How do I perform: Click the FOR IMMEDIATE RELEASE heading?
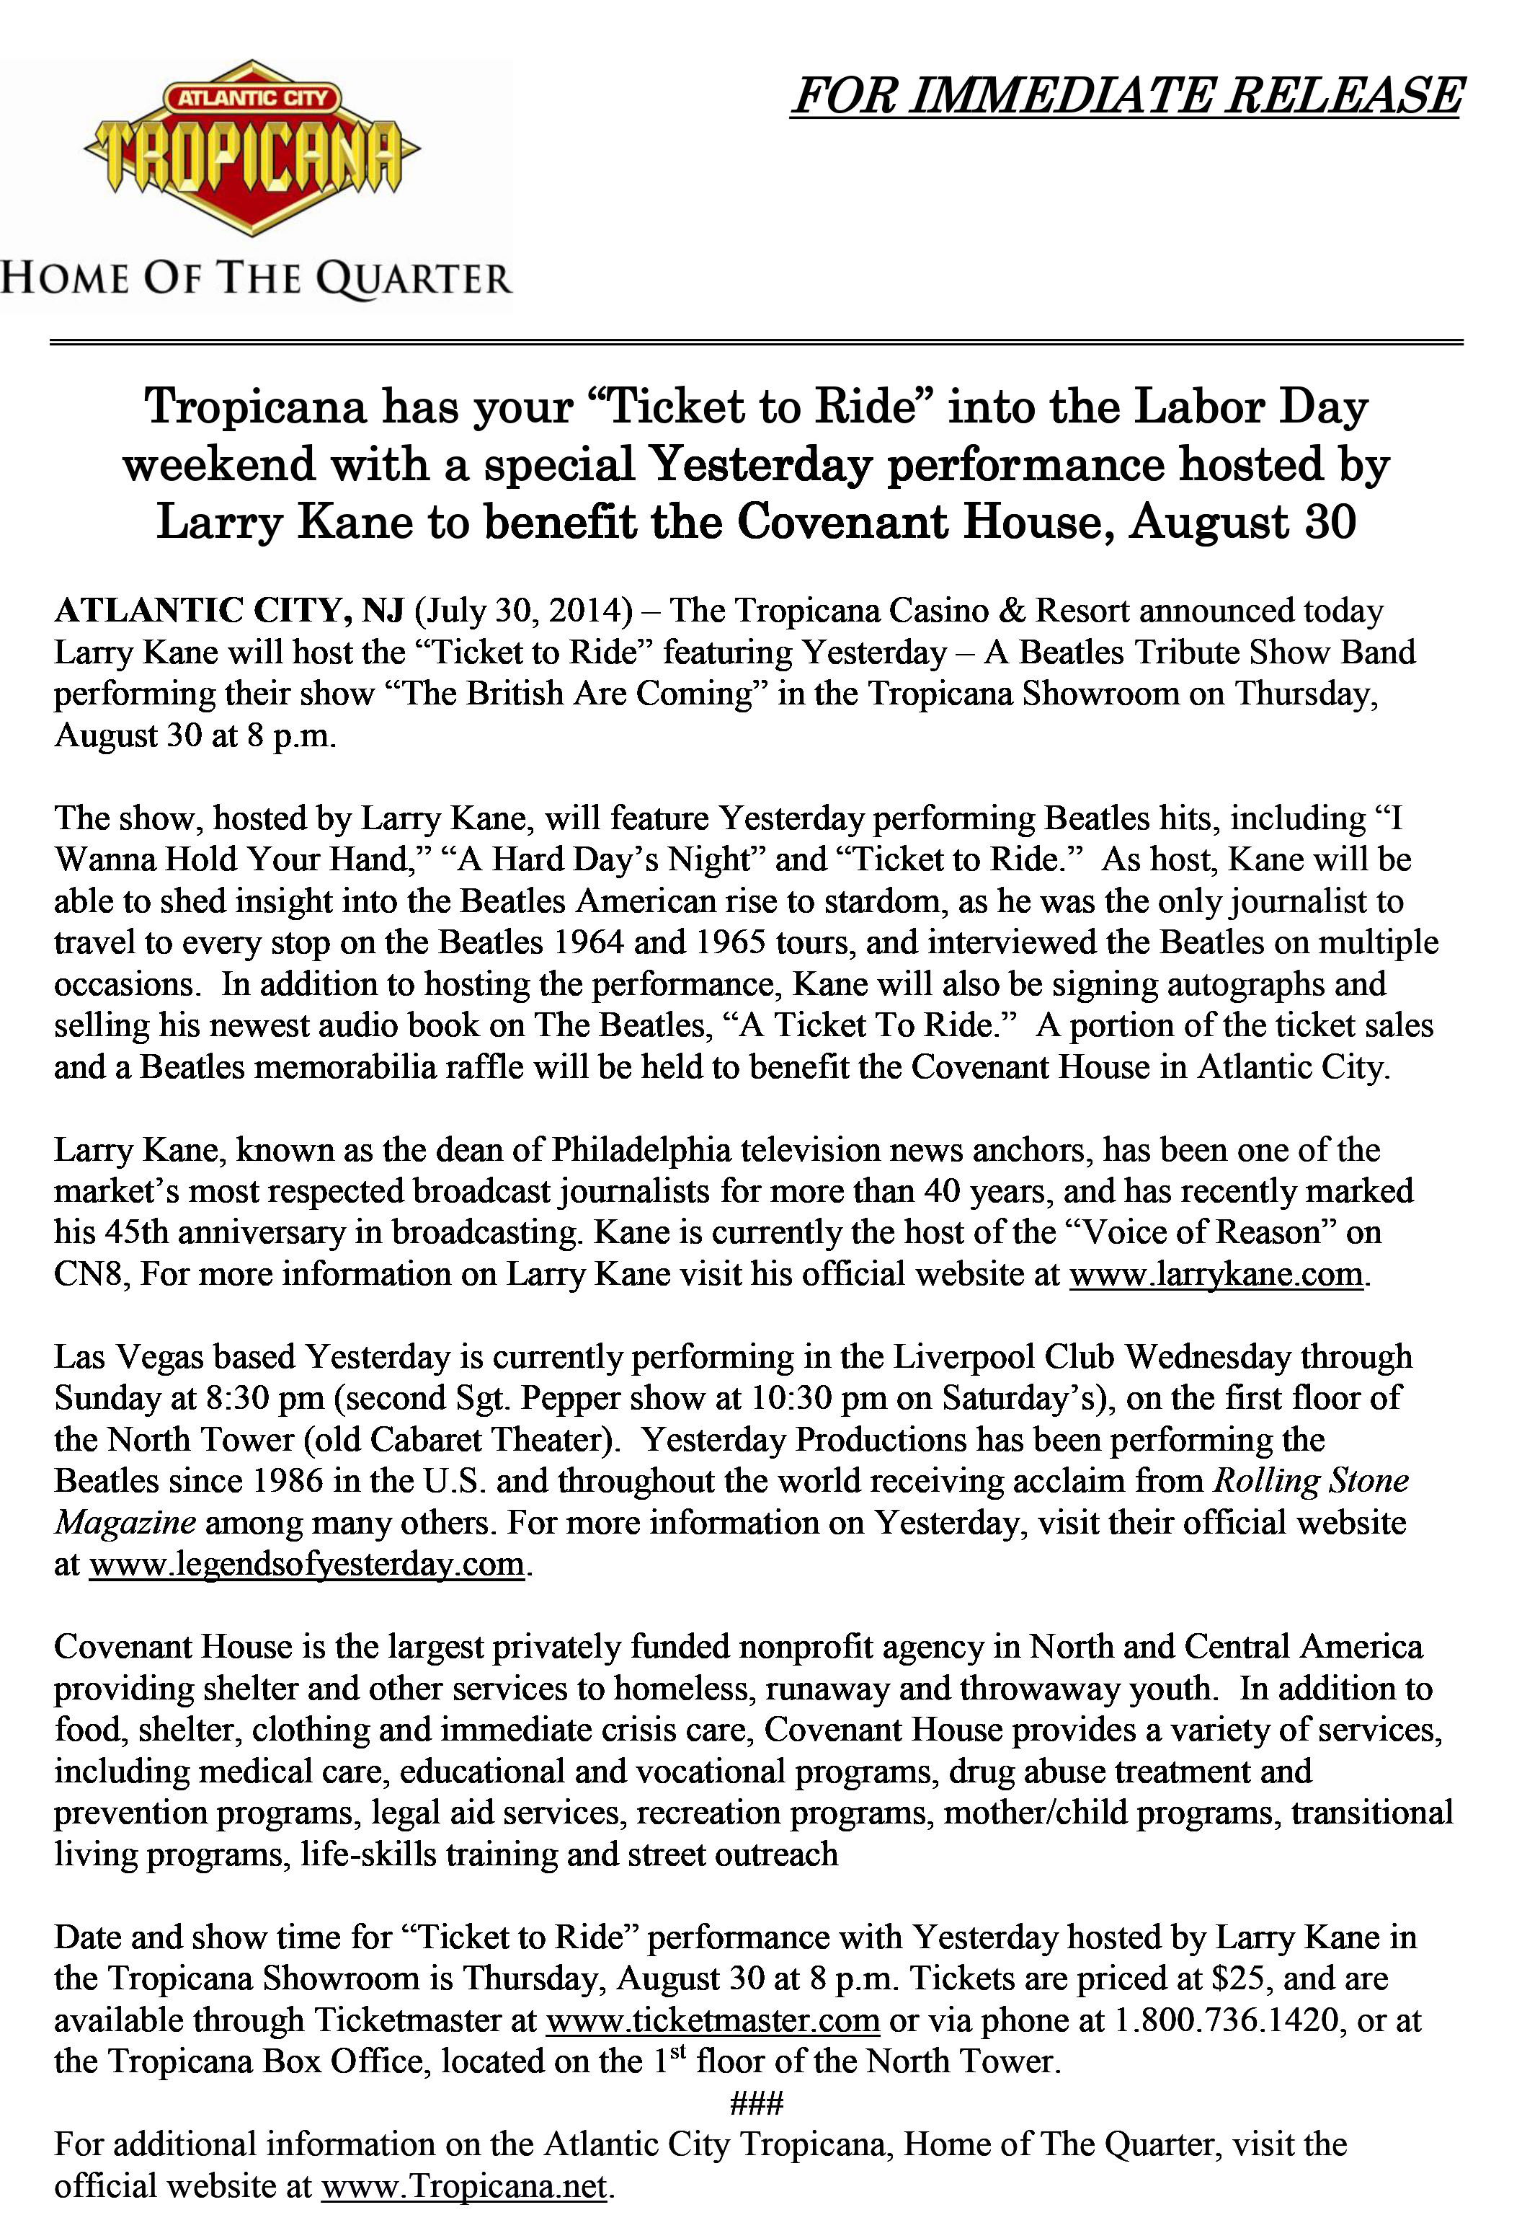pyautogui.click(x=1126, y=95)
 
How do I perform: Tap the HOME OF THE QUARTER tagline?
pyautogui.click(x=256, y=280)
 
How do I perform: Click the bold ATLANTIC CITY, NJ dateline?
pyautogui.click(x=229, y=611)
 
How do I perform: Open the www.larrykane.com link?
pyautogui.click(x=1216, y=1274)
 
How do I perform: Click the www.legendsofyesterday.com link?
pyautogui.click(x=308, y=1564)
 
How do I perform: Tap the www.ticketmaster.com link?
pyautogui.click(x=712, y=2020)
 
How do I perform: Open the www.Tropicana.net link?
pyautogui.click(x=464, y=2186)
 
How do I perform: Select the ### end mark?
pyautogui.click(x=756, y=2103)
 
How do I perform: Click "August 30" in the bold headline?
pyautogui.click(x=1242, y=522)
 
